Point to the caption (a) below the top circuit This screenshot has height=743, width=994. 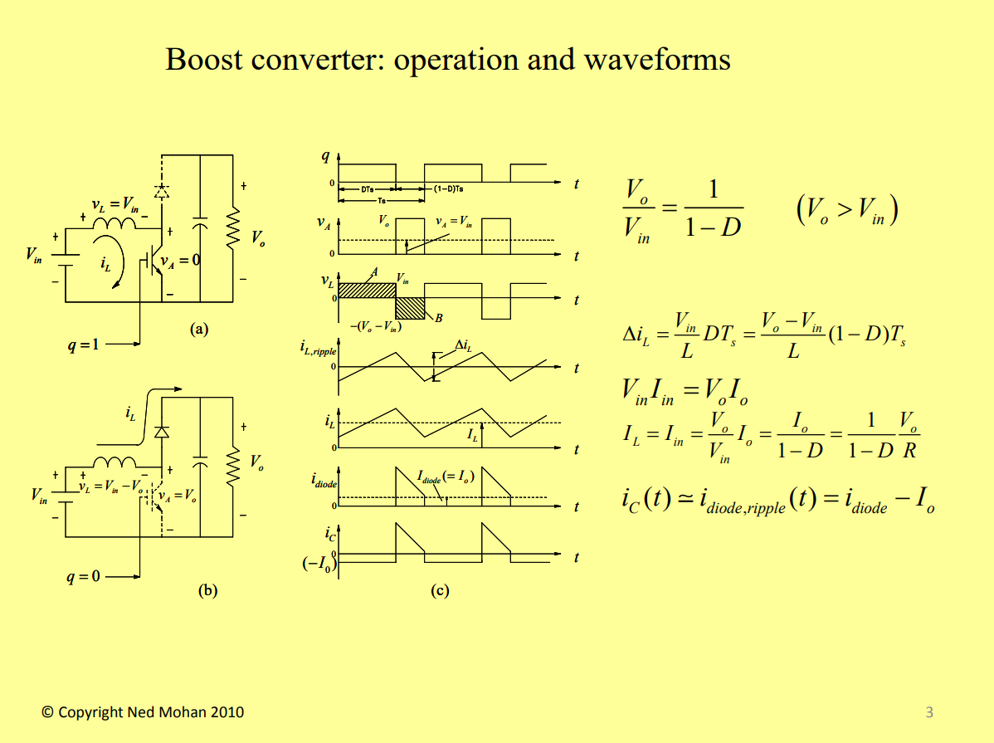click(197, 330)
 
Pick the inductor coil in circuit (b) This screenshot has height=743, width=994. click(114, 463)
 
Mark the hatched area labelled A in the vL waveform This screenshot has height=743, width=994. click(368, 290)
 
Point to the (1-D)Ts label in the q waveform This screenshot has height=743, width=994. click(449, 189)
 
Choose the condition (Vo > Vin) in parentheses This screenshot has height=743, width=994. click(846, 212)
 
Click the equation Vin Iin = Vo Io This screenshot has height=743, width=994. click(685, 392)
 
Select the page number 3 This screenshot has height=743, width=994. click(929, 711)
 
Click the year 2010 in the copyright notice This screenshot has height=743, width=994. click(227, 712)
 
